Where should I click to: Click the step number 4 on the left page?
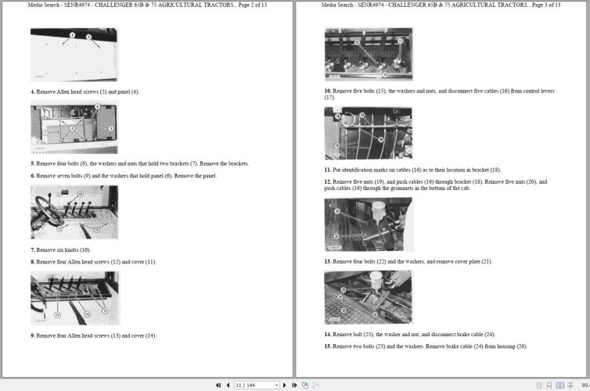click(x=33, y=91)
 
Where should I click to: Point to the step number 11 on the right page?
click(x=328, y=169)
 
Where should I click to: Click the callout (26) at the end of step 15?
click(x=521, y=346)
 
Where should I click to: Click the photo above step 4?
click(x=74, y=55)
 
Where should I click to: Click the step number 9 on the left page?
click(x=33, y=335)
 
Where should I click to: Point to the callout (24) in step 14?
click(x=489, y=334)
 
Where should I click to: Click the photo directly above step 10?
click(x=368, y=54)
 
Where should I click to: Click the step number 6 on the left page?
click(x=33, y=176)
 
